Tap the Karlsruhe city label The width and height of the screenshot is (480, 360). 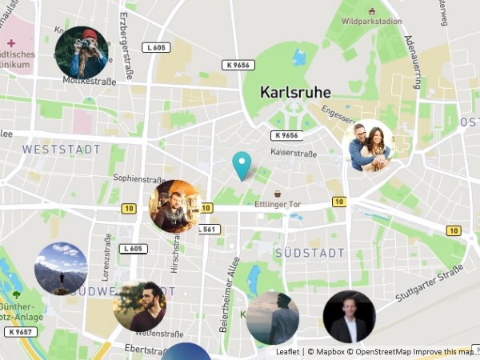(x=295, y=93)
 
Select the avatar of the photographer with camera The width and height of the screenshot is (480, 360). (x=81, y=53)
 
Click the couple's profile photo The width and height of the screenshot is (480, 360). (x=368, y=146)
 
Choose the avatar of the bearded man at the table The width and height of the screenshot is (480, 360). (x=174, y=206)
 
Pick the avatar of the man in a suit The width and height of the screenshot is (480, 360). (x=349, y=317)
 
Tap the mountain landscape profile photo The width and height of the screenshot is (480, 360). (x=61, y=269)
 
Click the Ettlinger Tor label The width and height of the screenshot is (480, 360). (x=277, y=205)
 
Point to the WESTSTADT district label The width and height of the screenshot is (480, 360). (x=62, y=150)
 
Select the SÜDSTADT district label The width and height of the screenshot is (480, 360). (x=309, y=253)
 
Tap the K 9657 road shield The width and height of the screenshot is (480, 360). (x=20, y=331)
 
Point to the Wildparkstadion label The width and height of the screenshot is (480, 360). (x=371, y=22)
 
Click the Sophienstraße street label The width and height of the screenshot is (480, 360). (x=138, y=178)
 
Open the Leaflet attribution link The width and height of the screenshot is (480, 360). (x=288, y=352)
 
